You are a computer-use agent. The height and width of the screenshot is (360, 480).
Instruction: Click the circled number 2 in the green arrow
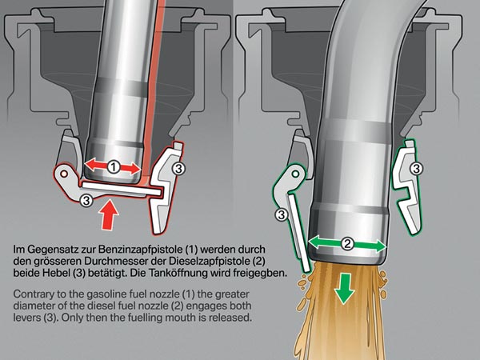point(347,243)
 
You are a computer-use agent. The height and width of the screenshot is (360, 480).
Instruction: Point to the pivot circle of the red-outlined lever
point(62,171)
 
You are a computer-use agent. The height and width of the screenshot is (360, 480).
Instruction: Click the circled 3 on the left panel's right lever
point(179,169)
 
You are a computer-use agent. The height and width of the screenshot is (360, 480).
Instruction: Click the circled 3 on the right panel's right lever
point(416,169)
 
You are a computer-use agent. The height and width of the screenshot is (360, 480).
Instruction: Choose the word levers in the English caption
point(32,318)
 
